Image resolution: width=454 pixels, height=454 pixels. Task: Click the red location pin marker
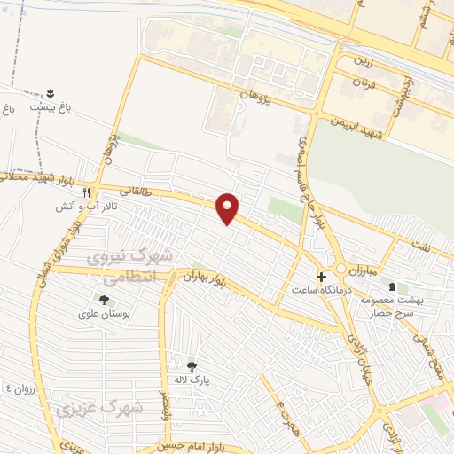(x=228, y=207)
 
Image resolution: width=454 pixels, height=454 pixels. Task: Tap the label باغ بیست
(x=51, y=106)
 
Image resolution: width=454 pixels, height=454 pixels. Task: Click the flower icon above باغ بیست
(x=51, y=92)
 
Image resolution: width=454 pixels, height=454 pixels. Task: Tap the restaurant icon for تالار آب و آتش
(x=87, y=192)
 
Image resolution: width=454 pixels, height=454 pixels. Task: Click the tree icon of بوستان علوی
(x=105, y=300)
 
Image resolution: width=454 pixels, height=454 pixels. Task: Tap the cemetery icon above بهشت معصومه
(x=391, y=286)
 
